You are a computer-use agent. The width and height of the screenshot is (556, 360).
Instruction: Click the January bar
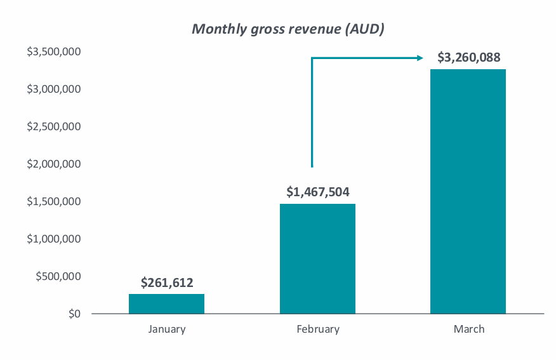click(x=166, y=303)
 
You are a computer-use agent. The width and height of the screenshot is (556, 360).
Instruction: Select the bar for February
click(x=317, y=258)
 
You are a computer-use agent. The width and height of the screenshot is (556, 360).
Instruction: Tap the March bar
click(x=468, y=191)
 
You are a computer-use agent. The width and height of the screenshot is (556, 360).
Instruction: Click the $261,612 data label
click(x=167, y=283)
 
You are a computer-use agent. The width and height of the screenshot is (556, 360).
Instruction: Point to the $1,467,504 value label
click(x=318, y=192)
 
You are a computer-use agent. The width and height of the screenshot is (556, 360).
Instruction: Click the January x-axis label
click(x=167, y=329)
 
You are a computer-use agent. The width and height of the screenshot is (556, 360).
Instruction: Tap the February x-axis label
click(x=318, y=329)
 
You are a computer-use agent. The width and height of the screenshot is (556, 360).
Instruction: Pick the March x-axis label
click(x=468, y=329)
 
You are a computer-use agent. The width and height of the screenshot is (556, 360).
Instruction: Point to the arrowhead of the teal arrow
click(x=420, y=58)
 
